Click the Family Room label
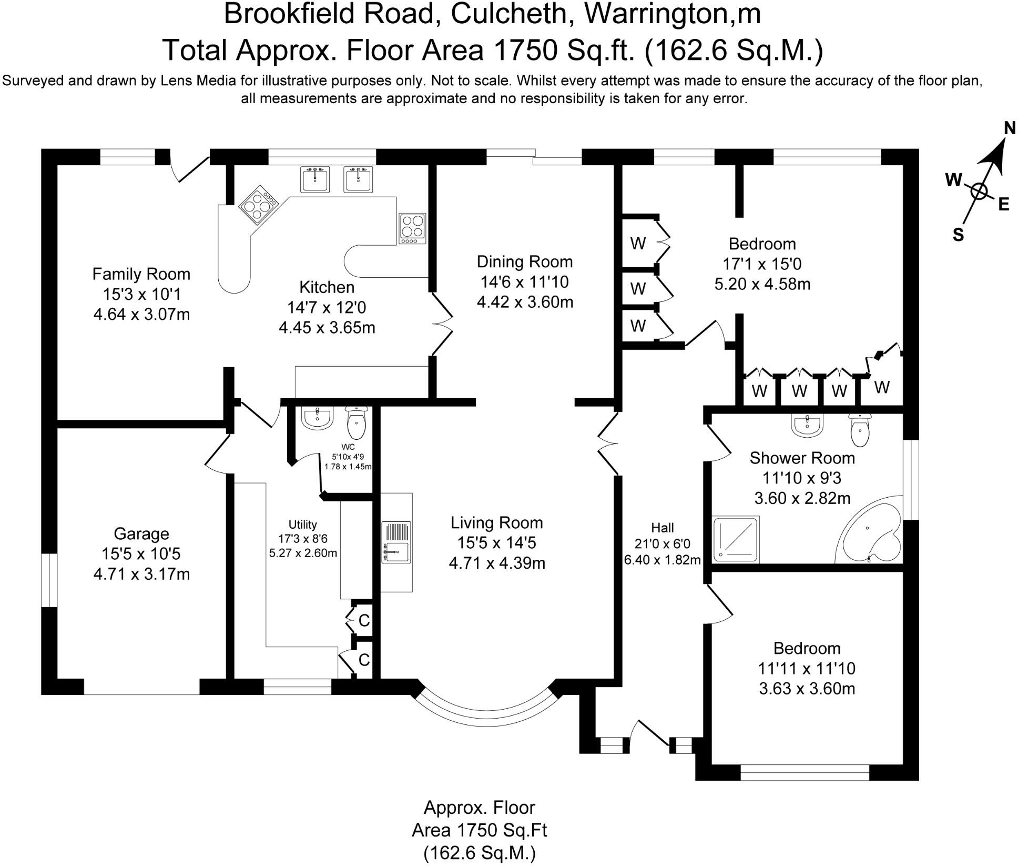point(141,274)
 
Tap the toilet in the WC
point(357,423)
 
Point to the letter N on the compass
point(1009,128)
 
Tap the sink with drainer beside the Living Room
point(396,542)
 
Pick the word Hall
point(662,527)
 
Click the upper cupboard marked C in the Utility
point(364,620)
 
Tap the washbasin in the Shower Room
point(807,426)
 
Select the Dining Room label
point(524,261)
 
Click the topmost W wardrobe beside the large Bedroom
point(638,243)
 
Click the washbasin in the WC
point(317,419)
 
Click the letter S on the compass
point(958,234)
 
